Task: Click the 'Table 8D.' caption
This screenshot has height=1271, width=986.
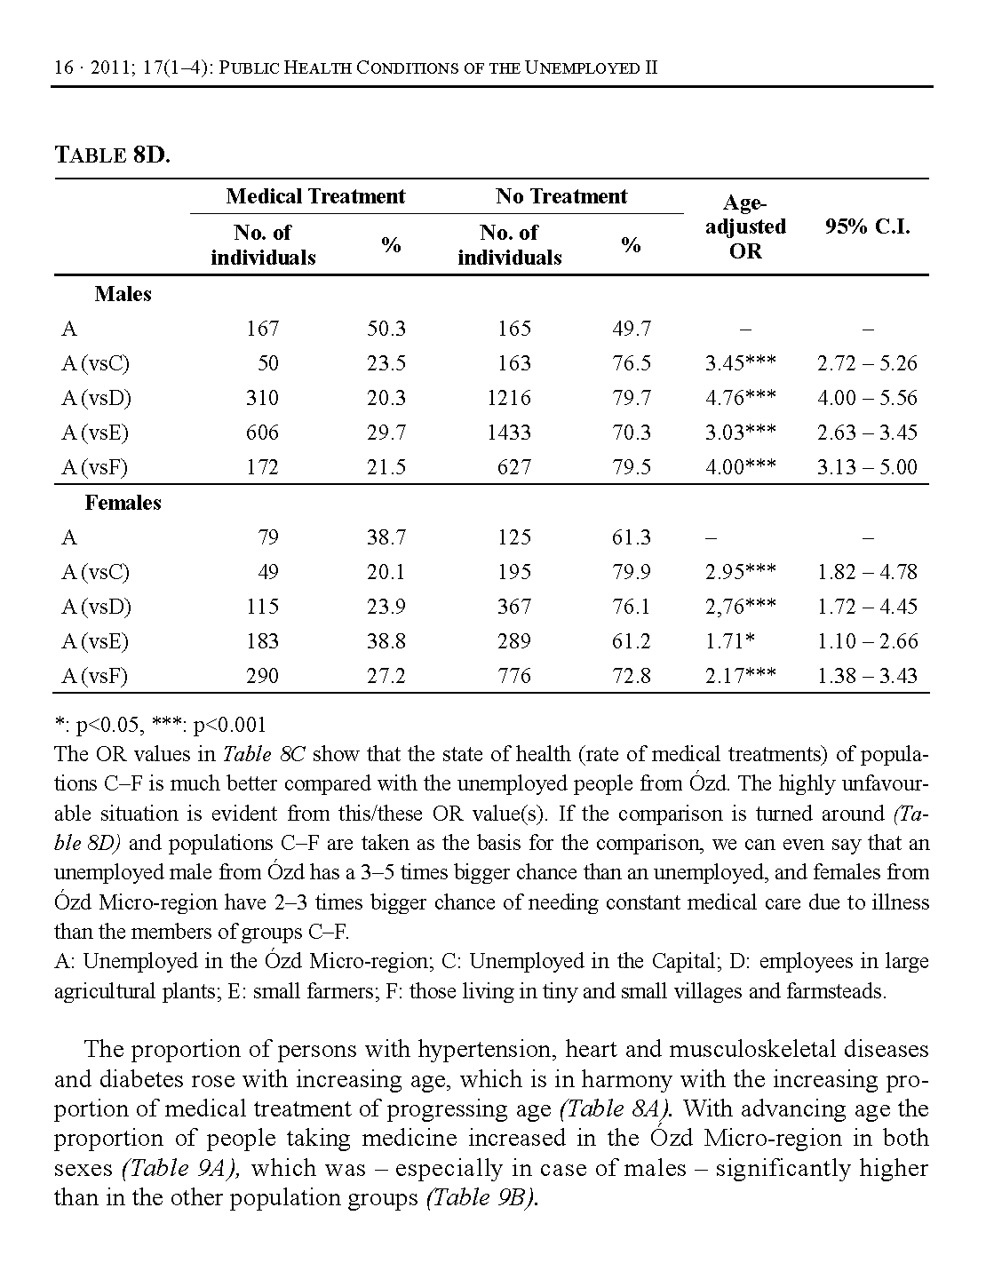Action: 112,155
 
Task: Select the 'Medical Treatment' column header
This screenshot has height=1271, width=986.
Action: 315,196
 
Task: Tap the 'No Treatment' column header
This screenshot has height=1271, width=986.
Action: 561,196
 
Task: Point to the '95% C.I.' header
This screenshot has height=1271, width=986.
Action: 867,226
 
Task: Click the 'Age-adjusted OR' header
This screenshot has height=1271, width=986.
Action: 745,227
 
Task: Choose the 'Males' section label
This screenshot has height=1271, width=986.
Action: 123,294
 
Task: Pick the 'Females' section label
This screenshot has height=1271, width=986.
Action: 123,503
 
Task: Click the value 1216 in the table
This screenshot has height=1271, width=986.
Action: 509,398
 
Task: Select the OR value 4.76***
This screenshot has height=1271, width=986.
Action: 740,398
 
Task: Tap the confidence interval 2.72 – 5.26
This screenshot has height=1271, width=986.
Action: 867,363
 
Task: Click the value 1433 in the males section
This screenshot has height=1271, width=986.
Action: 509,433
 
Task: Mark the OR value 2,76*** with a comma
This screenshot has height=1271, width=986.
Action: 740,607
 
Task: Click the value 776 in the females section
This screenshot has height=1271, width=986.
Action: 514,676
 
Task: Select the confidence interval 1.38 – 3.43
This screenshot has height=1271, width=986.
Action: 867,676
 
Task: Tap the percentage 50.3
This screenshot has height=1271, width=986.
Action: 386,329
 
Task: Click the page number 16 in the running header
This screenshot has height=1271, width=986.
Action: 62,68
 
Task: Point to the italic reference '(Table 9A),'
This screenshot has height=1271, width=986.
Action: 182,1168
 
